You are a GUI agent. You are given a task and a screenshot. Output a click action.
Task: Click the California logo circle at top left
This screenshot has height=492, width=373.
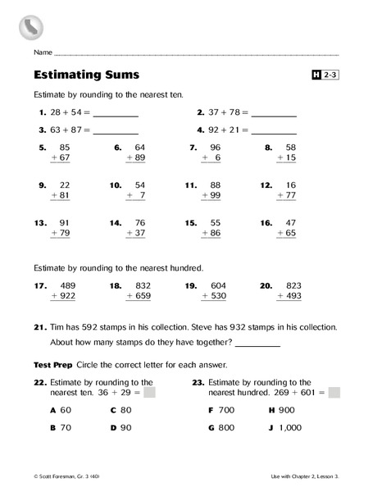click(x=30, y=29)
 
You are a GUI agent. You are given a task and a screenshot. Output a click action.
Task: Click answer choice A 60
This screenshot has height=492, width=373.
click(x=61, y=409)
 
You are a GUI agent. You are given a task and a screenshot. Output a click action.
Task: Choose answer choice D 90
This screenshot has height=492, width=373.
click(x=120, y=427)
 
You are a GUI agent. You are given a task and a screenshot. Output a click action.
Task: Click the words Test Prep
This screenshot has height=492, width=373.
click(x=48, y=364)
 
